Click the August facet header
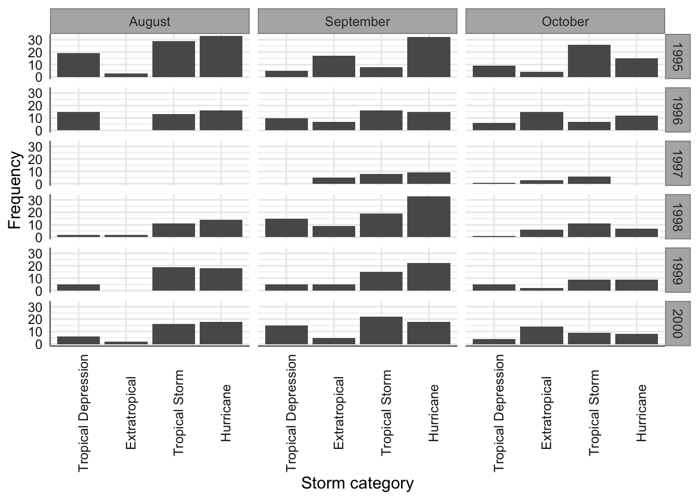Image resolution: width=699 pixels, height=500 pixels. pyautogui.click(x=150, y=21)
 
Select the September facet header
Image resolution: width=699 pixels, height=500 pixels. pyautogui.click(x=357, y=21)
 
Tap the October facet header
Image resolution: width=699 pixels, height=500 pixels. pyautogui.click(x=565, y=21)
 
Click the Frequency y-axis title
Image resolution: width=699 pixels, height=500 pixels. pyautogui.click(x=15, y=190)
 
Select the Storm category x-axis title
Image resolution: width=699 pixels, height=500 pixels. pyautogui.click(x=357, y=483)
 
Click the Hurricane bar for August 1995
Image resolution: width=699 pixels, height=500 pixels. pyautogui.click(x=221, y=57)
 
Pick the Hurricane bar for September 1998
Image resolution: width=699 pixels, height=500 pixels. pyautogui.click(x=429, y=217)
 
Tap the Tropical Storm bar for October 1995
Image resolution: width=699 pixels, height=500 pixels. pyautogui.click(x=589, y=61)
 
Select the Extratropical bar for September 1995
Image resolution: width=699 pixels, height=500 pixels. pyautogui.click(x=334, y=66)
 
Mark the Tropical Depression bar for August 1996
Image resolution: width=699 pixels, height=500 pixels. pyautogui.click(x=79, y=121)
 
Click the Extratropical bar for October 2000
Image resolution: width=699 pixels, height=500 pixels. pyautogui.click(x=541, y=335)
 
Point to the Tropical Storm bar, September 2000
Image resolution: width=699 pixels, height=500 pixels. pyautogui.click(x=381, y=330)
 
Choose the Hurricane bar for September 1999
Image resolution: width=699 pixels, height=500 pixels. pyautogui.click(x=429, y=277)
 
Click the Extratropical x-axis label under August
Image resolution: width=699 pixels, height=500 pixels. pyautogui.click(x=131, y=413)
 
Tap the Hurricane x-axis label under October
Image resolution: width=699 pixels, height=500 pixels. pyautogui.click(x=641, y=413)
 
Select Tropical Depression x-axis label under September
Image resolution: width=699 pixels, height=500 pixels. pyautogui.click(x=291, y=413)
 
